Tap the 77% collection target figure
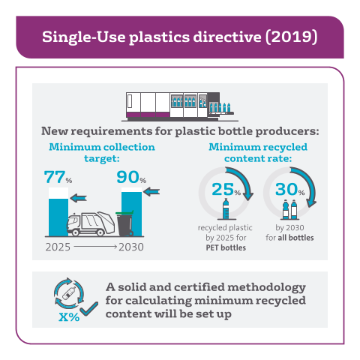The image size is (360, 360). click(58, 177)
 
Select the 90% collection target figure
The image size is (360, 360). click(131, 177)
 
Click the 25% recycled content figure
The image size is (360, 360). click(226, 189)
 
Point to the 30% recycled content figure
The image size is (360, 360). click(290, 189)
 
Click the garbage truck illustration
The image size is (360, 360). click(91, 223)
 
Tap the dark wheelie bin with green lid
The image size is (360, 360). click(125, 223)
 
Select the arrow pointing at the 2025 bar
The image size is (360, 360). click(78, 198)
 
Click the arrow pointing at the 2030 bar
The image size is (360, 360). click(151, 192)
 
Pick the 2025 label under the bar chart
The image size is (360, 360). click(58, 247)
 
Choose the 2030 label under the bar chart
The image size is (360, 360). click(131, 247)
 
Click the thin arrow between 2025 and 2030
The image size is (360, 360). click(95, 247)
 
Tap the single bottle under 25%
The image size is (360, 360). click(226, 209)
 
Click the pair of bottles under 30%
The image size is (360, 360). click(289, 209)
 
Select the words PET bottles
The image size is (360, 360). click(226, 247)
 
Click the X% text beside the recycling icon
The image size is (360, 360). click(69, 317)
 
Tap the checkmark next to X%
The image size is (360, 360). click(89, 309)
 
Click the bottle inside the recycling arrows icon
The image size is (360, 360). click(69, 293)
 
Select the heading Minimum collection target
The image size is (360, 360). click(102, 152)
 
